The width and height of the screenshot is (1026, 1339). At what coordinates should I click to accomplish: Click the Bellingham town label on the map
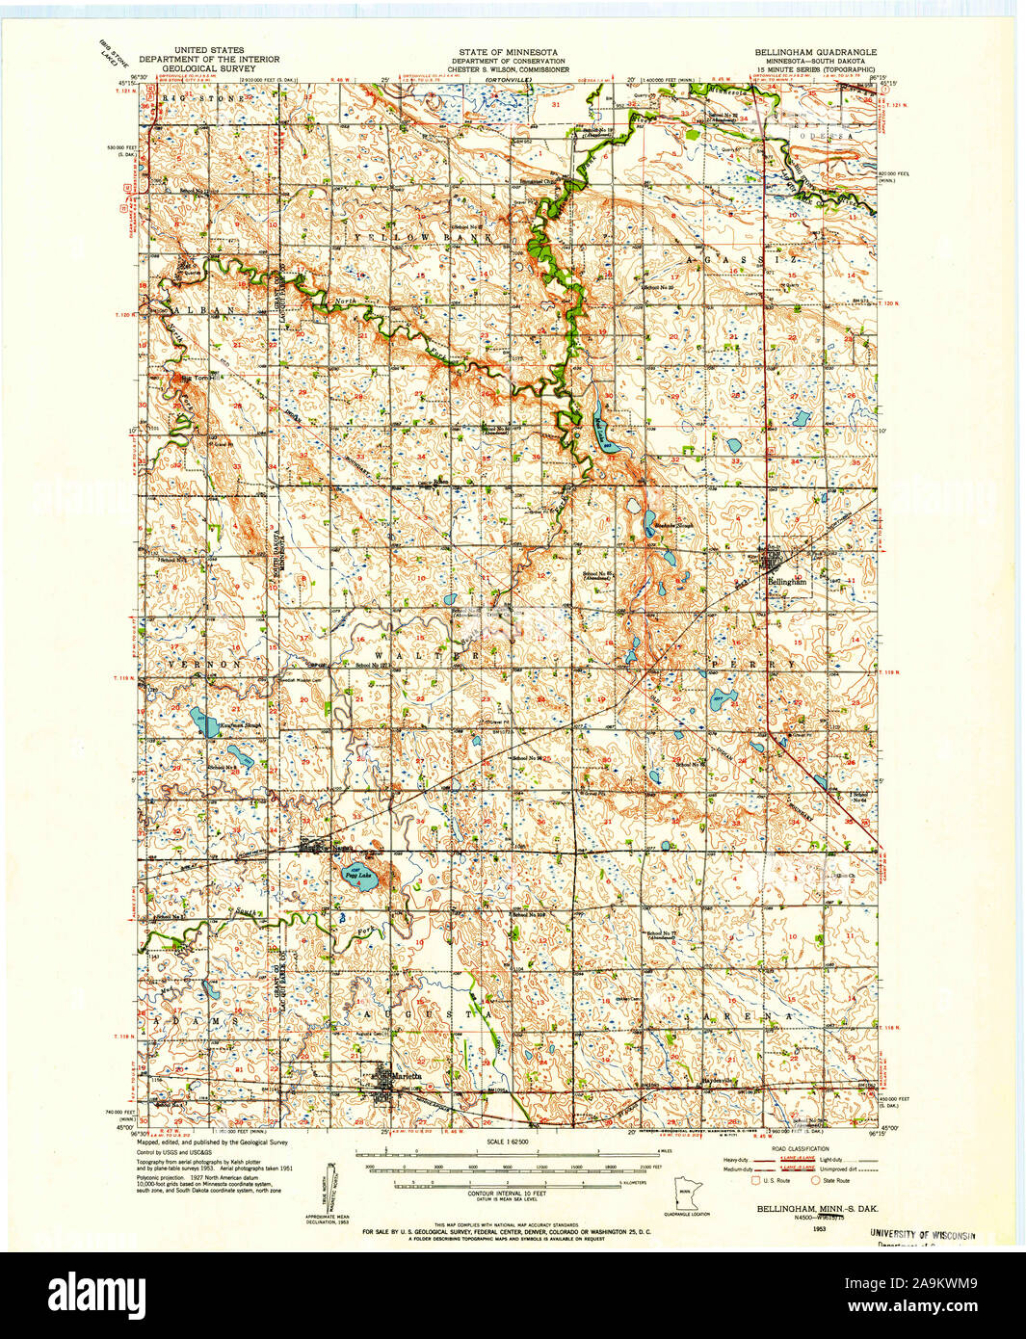[x=787, y=582]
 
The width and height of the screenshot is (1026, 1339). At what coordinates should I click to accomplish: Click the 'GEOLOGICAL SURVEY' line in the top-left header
[x=209, y=69]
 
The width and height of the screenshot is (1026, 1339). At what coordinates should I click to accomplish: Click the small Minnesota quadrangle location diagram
[x=687, y=1194]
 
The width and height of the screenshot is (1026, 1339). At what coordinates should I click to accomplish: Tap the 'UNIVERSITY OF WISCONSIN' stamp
[x=922, y=1235]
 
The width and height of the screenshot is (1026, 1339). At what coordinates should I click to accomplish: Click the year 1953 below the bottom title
[x=819, y=1228]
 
